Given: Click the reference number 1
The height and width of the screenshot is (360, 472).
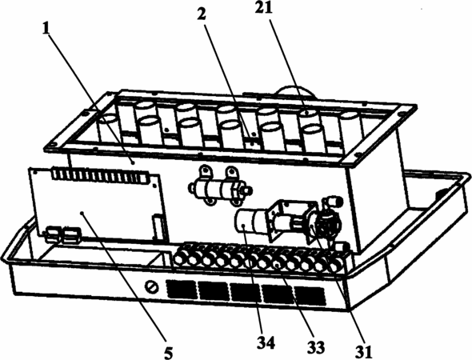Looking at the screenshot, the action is tap(46, 29).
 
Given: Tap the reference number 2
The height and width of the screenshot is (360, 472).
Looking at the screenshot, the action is tap(202, 14).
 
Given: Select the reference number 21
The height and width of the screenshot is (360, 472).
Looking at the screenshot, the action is tap(264, 8).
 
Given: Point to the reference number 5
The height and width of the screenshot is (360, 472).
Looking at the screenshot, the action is tap(169, 352).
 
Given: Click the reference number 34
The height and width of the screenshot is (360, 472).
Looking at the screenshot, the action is tap(266, 343).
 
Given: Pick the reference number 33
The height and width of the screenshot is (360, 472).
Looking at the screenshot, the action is tap(316, 348).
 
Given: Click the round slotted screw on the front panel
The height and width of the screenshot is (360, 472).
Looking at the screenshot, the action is tap(152, 287).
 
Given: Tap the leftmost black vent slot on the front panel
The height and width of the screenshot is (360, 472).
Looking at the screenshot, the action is tap(182, 289).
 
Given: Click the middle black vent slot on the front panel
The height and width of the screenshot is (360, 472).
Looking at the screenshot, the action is tap(245, 292).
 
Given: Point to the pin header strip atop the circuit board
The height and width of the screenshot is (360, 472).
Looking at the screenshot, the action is tap(101, 175).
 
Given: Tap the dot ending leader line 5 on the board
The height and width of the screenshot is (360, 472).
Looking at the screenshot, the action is tap(82, 213).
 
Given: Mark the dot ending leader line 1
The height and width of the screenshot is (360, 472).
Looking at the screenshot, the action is tap(133, 162).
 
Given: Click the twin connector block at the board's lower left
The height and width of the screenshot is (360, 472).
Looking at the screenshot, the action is tap(63, 234).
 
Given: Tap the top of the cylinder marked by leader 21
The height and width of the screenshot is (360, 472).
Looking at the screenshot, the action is tap(308, 113).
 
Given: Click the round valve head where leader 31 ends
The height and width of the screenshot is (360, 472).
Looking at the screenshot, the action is tap(327, 224).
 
